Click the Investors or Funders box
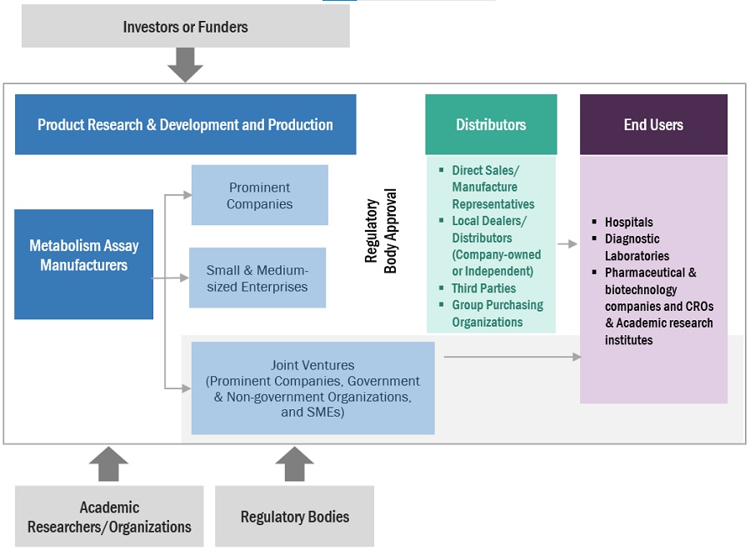coord(185,27)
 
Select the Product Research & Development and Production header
coord(185,125)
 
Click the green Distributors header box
coord(491,125)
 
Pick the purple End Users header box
coord(653,125)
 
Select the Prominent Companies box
coord(259,195)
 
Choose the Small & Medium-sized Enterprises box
coord(257,278)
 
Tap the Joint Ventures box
coord(312,388)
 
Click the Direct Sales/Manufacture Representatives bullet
coord(492,187)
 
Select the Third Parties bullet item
coord(483,288)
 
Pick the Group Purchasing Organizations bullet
coord(497,313)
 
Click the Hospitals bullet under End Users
coord(628,222)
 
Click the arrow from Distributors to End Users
coord(567,244)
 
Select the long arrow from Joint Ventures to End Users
coord(512,357)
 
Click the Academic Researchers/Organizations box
coord(109,517)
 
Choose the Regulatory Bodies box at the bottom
coord(294,517)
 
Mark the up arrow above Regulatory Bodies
coord(294,464)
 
